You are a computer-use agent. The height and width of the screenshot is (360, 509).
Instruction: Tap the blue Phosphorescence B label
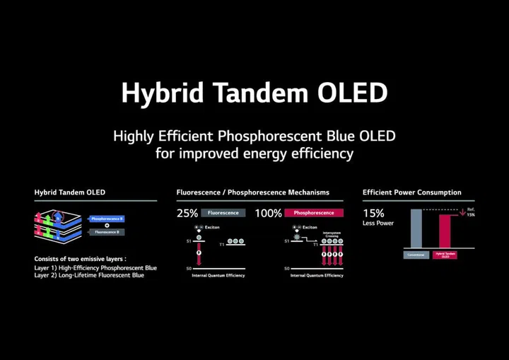(107, 219)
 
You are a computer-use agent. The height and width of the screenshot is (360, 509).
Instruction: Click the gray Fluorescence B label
(107, 232)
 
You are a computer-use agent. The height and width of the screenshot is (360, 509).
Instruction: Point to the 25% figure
(187, 213)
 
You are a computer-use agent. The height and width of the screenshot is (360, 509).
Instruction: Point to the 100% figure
(268, 213)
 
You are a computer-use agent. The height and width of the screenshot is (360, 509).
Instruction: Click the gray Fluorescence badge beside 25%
(223, 213)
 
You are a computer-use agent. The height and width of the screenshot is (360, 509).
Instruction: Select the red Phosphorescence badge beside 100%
(314, 213)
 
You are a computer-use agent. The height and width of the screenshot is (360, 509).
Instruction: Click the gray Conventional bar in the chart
(416, 229)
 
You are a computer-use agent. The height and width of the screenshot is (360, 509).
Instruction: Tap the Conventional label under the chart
(416, 255)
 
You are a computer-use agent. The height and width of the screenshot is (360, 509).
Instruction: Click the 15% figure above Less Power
(374, 213)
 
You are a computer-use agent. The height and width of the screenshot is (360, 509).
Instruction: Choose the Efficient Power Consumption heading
(412, 192)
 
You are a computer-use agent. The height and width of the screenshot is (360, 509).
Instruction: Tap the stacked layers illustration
(60, 225)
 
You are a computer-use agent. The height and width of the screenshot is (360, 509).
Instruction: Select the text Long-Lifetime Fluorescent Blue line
(89, 275)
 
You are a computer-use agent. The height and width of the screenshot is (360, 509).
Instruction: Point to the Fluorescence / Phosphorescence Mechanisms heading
(252, 192)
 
